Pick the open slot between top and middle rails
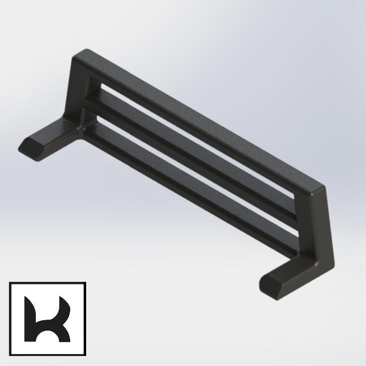(x=199, y=137)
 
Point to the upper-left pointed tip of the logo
(x=28, y=299)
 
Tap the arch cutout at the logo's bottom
(x=48, y=338)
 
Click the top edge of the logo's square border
(x=47, y=284)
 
